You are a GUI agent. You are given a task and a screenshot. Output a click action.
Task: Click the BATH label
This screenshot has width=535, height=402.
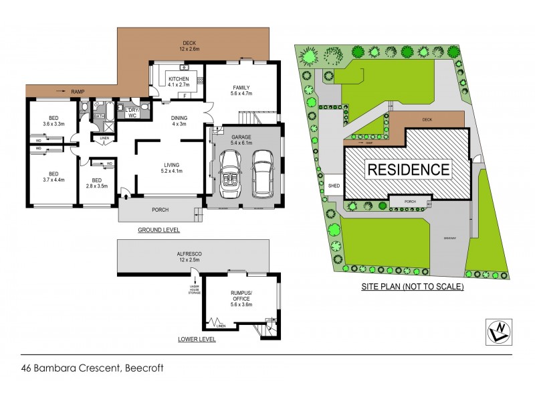point(98,116)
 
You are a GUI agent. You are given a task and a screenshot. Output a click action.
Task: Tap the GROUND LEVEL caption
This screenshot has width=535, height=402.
point(158,230)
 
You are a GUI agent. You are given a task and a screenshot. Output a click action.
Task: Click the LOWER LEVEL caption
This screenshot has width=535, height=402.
point(197,340)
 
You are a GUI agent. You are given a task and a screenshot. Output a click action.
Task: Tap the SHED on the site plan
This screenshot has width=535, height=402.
point(332,187)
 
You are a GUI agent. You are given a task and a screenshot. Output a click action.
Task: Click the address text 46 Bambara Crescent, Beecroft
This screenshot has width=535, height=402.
point(92,367)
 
